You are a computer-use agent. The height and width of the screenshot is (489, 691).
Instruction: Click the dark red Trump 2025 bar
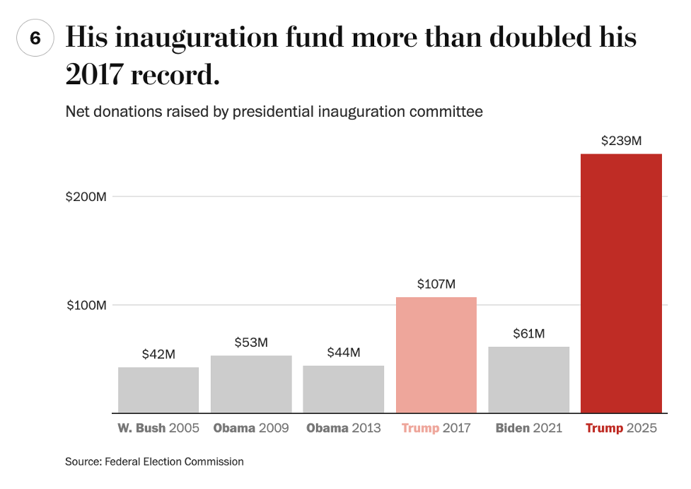621,283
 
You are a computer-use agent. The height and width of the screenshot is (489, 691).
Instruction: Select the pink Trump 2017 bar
436,355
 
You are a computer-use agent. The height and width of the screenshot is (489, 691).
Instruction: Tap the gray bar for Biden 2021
528,379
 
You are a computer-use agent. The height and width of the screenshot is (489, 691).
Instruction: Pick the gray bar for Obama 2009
251,384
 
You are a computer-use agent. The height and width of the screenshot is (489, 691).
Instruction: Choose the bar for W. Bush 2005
158,390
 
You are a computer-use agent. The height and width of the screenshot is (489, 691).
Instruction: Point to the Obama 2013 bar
344,389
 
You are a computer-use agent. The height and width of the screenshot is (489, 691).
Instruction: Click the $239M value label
621,141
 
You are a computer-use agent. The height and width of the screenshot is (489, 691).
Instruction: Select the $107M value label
436,284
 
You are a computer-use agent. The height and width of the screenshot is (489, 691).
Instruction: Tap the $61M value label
528,333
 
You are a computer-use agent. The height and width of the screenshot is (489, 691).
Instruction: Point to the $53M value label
251,343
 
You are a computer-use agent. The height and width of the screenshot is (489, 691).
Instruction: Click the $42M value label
158,354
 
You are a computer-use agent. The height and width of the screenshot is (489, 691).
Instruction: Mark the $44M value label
344,352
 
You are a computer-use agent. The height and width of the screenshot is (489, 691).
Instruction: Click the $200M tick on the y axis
86,197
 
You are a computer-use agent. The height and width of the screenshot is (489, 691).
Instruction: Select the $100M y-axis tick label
86,306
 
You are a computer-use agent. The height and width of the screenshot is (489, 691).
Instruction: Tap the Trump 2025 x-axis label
621,428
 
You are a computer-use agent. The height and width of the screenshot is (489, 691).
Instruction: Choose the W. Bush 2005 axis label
158,428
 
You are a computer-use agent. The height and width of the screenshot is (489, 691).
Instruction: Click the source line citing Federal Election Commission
154,461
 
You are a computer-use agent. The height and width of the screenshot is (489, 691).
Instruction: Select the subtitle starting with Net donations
274,112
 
